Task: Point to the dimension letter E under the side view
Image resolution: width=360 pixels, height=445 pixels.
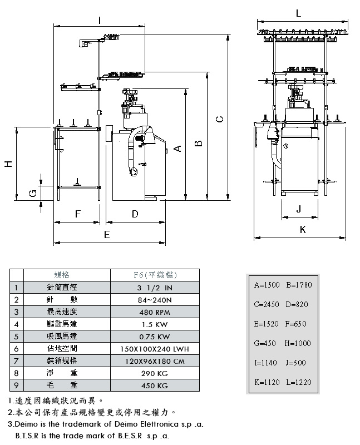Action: click(x=107, y=235)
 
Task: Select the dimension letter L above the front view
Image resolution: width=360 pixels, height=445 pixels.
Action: click(x=299, y=13)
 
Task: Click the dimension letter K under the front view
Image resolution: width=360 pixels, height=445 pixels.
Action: click(x=303, y=229)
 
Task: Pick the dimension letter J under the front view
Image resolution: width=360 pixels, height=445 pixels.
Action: click(x=299, y=209)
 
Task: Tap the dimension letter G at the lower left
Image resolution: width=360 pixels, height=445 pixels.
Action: click(x=33, y=193)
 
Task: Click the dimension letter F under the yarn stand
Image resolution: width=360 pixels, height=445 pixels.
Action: click(x=78, y=214)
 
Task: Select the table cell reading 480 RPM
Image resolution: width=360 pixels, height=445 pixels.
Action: click(x=154, y=312)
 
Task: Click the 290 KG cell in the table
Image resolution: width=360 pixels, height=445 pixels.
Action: click(x=154, y=373)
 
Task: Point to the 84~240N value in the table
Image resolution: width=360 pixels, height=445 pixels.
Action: click(x=154, y=300)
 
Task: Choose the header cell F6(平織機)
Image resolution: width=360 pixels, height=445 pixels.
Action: click(x=154, y=275)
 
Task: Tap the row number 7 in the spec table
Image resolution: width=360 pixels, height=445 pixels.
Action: click(x=17, y=360)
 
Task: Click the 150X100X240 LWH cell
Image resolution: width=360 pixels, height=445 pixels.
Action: click(x=154, y=349)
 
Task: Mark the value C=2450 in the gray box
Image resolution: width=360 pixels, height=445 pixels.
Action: click(x=266, y=304)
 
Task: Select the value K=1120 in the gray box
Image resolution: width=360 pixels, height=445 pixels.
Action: click(x=266, y=382)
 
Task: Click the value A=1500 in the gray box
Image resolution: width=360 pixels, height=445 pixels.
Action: click(x=266, y=285)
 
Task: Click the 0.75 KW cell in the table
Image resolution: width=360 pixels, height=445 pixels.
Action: click(x=154, y=337)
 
